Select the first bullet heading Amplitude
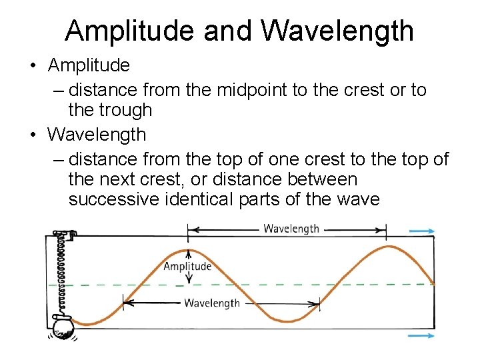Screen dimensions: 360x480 tap(89, 65)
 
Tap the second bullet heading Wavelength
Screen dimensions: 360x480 tap(97, 134)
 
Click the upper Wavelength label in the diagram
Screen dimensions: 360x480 tap(291, 229)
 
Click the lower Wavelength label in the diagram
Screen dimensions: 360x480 tap(212, 303)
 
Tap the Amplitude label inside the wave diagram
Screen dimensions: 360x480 tap(187, 267)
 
